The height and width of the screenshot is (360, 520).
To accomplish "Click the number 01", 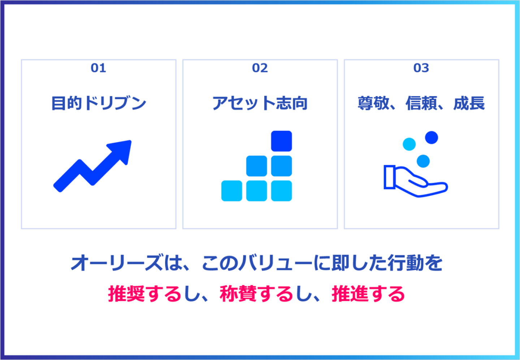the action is [99, 68].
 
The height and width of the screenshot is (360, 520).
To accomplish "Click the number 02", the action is [260, 68].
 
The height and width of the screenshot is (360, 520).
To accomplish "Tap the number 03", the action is [421, 68].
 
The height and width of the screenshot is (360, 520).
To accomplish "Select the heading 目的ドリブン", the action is [99, 103].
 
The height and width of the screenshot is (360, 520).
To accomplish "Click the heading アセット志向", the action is [260, 103].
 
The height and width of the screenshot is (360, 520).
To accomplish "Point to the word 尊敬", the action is [373, 103].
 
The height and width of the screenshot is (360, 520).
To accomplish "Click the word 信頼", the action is [421, 103].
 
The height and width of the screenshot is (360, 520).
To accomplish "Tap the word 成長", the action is [469, 103].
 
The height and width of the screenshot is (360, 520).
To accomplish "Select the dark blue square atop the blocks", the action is [281, 141].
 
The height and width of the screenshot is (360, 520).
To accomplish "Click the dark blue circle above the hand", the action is [432, 138].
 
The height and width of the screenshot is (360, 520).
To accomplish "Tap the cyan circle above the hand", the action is [409, 144].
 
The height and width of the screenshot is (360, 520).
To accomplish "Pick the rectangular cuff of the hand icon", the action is [390, 177].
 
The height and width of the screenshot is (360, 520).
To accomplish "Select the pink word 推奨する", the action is [144, 294].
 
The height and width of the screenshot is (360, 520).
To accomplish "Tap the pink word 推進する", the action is [368, 294].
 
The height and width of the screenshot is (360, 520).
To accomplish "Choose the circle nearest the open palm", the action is [423, 161].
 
